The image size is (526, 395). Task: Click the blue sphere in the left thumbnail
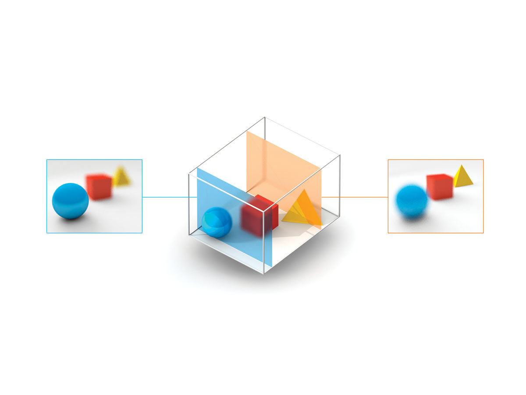tap(70, 201)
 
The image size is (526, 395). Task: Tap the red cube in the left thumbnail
tap(99, 187)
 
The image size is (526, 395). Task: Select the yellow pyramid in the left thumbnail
tap(121, 177)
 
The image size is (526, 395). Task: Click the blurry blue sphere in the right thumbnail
tap(412, 201)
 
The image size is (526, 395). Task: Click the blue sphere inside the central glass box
tap(217, 222)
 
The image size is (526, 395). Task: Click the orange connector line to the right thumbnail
tap(355, 197)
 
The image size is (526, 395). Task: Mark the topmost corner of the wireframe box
tap(265, 118)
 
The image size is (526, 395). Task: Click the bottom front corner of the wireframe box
tap(264, 273)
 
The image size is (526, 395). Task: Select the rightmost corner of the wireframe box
tap(340, 155)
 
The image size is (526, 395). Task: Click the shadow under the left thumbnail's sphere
tap(72, 219)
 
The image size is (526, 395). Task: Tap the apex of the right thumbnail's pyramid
tap(461, 165)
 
